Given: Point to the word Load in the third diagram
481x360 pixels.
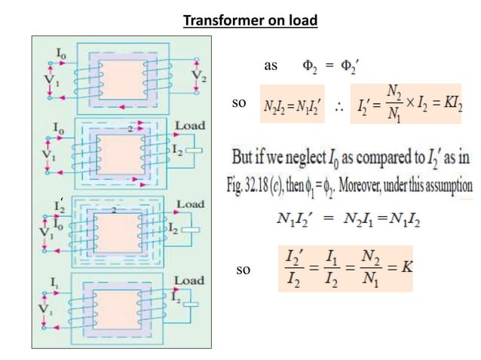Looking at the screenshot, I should (x=188, y=203).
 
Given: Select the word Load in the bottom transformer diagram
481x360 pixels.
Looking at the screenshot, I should (x=188, y=280).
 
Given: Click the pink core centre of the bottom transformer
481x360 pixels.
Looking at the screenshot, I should (x=126, y=310).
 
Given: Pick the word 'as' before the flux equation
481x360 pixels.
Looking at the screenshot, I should (x=271, y=66).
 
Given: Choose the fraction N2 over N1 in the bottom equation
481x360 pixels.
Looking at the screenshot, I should (x=370, y=268).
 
